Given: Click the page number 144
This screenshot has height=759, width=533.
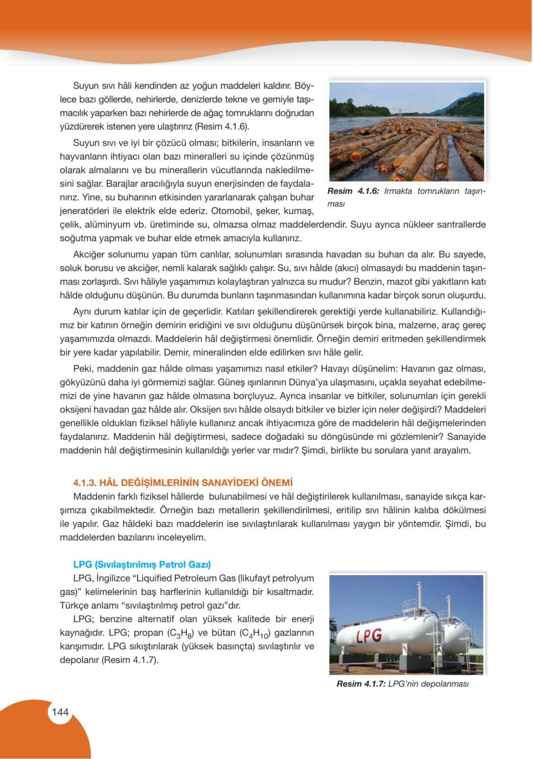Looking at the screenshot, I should click(x=60, y=712).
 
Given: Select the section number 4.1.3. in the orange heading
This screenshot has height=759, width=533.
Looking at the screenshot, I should click(x=85, y=483).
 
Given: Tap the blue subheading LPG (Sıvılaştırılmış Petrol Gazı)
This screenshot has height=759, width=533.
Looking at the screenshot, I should click(x=142, y=564).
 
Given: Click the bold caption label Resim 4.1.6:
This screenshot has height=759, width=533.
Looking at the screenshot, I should click(x=353, y=191).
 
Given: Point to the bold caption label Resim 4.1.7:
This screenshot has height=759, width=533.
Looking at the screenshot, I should click(x=361, y=684).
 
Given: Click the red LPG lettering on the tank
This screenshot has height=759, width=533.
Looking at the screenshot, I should click(x=369, y=635).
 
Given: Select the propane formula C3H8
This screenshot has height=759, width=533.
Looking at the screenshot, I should click(x=180, y=633).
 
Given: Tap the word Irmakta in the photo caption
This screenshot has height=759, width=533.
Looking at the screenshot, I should click(x=398, y=191).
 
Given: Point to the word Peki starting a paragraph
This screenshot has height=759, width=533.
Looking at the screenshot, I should click(x=83, y=369).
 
